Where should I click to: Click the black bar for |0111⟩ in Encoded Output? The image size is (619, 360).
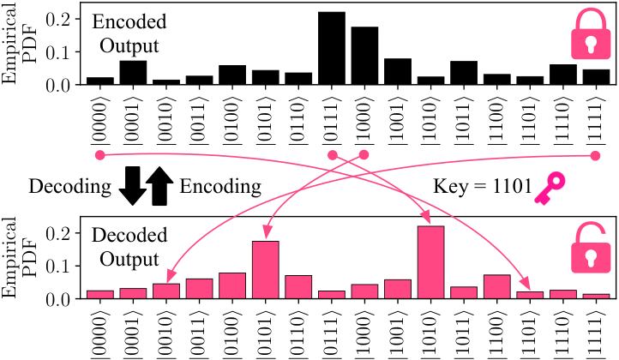pos(332,48)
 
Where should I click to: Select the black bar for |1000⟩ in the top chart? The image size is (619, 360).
pos(364,56)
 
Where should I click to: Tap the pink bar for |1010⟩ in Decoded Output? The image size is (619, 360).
pos(430,262)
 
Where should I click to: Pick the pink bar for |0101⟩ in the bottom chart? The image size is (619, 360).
pos(265,270)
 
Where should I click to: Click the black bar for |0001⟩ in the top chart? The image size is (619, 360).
pos(133,73)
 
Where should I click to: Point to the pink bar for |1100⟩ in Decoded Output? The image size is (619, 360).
pos(496,286)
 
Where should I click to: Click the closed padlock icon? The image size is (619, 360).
pos(591,34)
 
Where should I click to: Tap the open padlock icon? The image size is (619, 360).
pos(591,248)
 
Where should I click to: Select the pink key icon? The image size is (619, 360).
pos(550,188)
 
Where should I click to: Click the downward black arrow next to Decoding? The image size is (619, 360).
pos(133,186)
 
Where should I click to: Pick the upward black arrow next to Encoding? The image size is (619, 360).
pos(159,186)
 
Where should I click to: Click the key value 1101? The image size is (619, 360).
pos(512,186)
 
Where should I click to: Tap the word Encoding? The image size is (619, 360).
pos(220,187)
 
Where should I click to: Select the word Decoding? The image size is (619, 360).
pos(70,187)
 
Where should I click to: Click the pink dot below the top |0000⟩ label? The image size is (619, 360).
pos(99,155)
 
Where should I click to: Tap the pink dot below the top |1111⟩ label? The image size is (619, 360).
pos(595,156)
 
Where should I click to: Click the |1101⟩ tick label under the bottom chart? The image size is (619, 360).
pos(530,332)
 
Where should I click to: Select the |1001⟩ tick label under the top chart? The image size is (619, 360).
pos(398,118)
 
